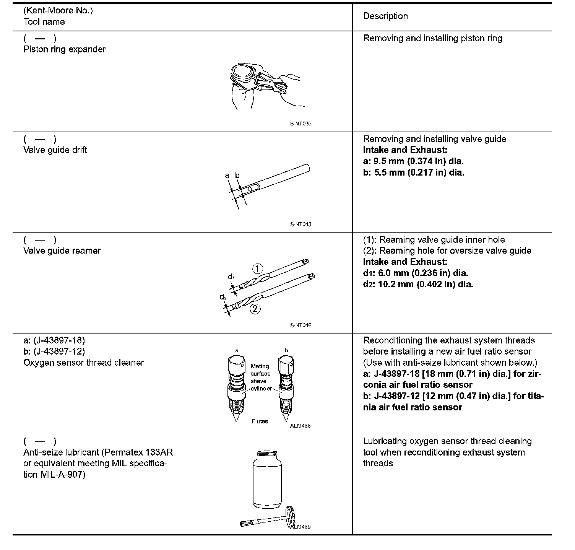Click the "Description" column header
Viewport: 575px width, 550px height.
[385, 16]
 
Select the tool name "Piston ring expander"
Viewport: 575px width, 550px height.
[64, 49]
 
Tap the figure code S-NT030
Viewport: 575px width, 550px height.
[300, 124]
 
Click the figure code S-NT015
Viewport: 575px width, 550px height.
[300, 224]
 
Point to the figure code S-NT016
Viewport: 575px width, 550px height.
[300, 325]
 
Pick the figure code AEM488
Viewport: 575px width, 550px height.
[300, 426]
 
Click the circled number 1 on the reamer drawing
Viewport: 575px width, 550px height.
[258, 269]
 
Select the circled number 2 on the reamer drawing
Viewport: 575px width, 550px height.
[255, 309]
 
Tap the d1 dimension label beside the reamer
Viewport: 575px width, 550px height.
[231, 277]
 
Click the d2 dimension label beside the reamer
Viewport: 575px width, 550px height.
[223, 297]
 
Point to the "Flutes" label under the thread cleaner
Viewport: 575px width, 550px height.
[260, 421]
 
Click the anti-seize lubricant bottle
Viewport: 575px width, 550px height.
[268, 480]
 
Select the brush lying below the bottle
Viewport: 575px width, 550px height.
[268, 520]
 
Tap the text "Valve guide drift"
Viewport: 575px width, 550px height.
[55, 150]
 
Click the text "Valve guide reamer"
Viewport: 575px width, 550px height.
[62, 251]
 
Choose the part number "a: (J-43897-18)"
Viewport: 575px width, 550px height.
[54, 340]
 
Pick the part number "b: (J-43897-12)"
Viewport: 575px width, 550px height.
[54, 351]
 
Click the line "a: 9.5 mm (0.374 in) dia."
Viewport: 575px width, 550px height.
[413, 161]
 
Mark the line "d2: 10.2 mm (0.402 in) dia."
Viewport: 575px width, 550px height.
[418, 284]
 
